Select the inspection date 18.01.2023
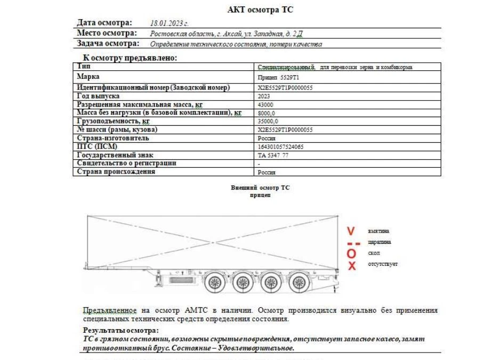tap(170, 23)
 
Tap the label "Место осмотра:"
tap(108, 33)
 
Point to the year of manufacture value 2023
tap(263, 96)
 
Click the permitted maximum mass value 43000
tap(265, 104)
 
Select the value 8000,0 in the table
tap(266, 113)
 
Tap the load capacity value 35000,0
tap(268, 121)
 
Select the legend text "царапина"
tap(379, 242)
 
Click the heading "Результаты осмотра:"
tap(114, 331)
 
